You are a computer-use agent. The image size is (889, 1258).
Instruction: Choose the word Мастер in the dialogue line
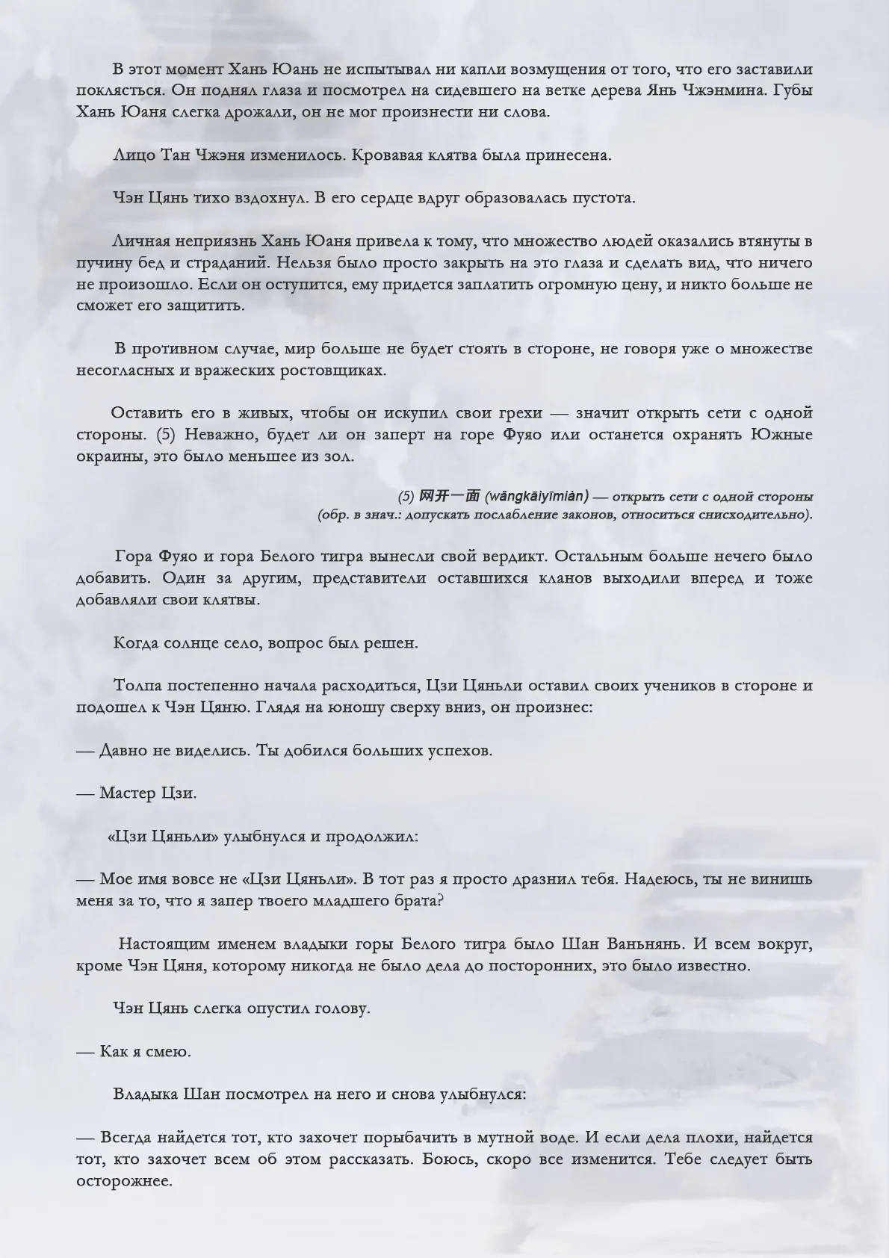128,793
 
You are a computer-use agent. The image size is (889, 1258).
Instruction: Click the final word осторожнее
124,1182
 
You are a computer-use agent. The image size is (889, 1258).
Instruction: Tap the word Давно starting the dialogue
123,751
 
